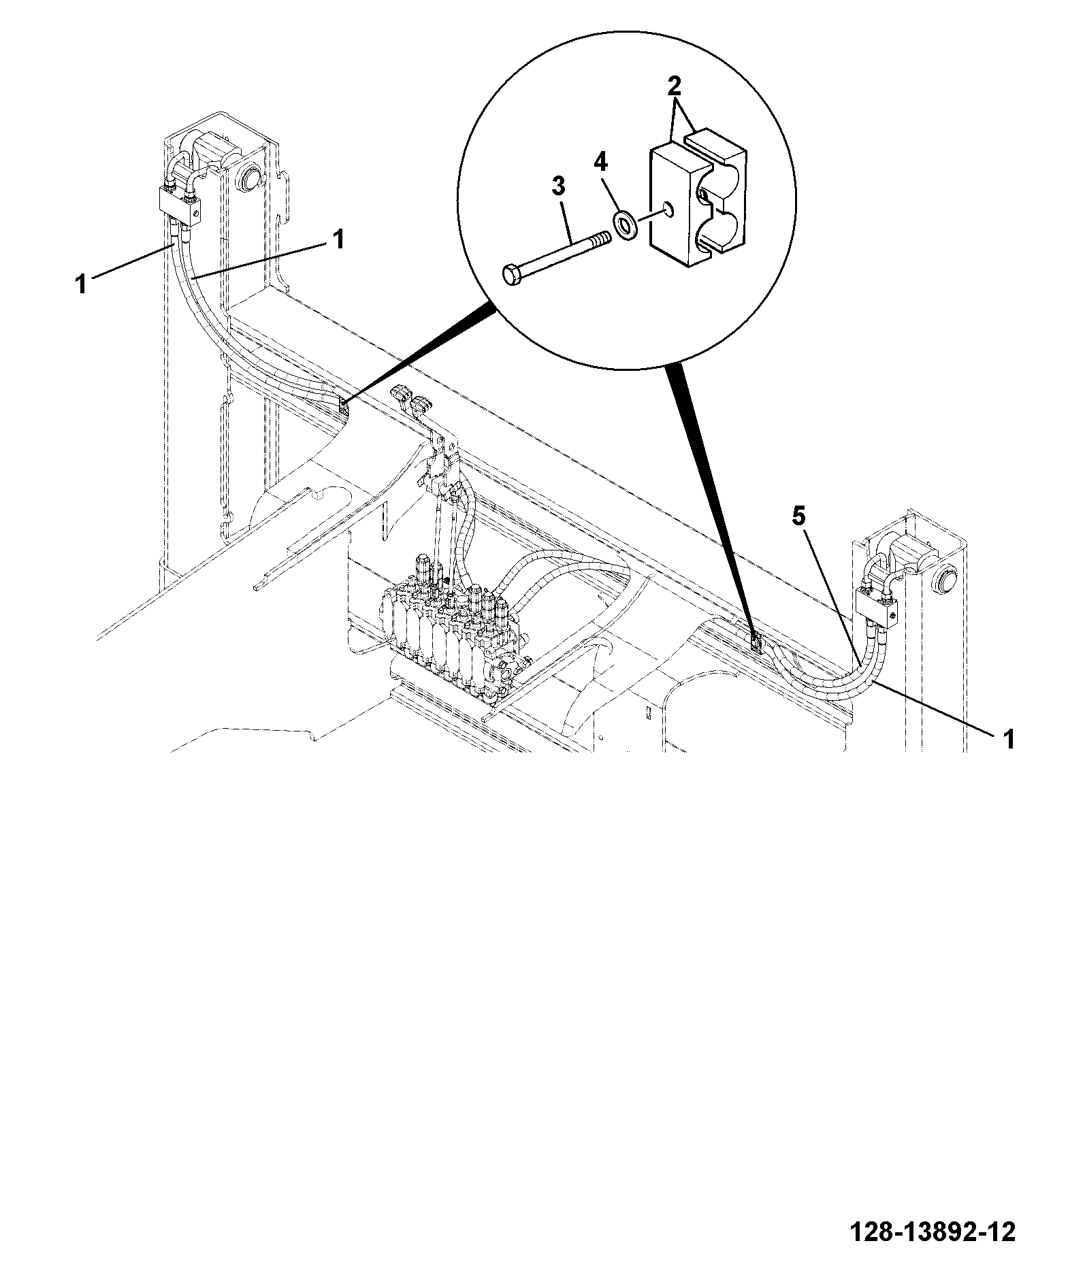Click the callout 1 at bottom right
tap(1009, 738)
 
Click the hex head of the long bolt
tap(513, 276)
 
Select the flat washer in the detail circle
tap(624, 225)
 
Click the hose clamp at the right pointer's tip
tap(756, 640)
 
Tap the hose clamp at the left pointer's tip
tap(342, 408)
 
